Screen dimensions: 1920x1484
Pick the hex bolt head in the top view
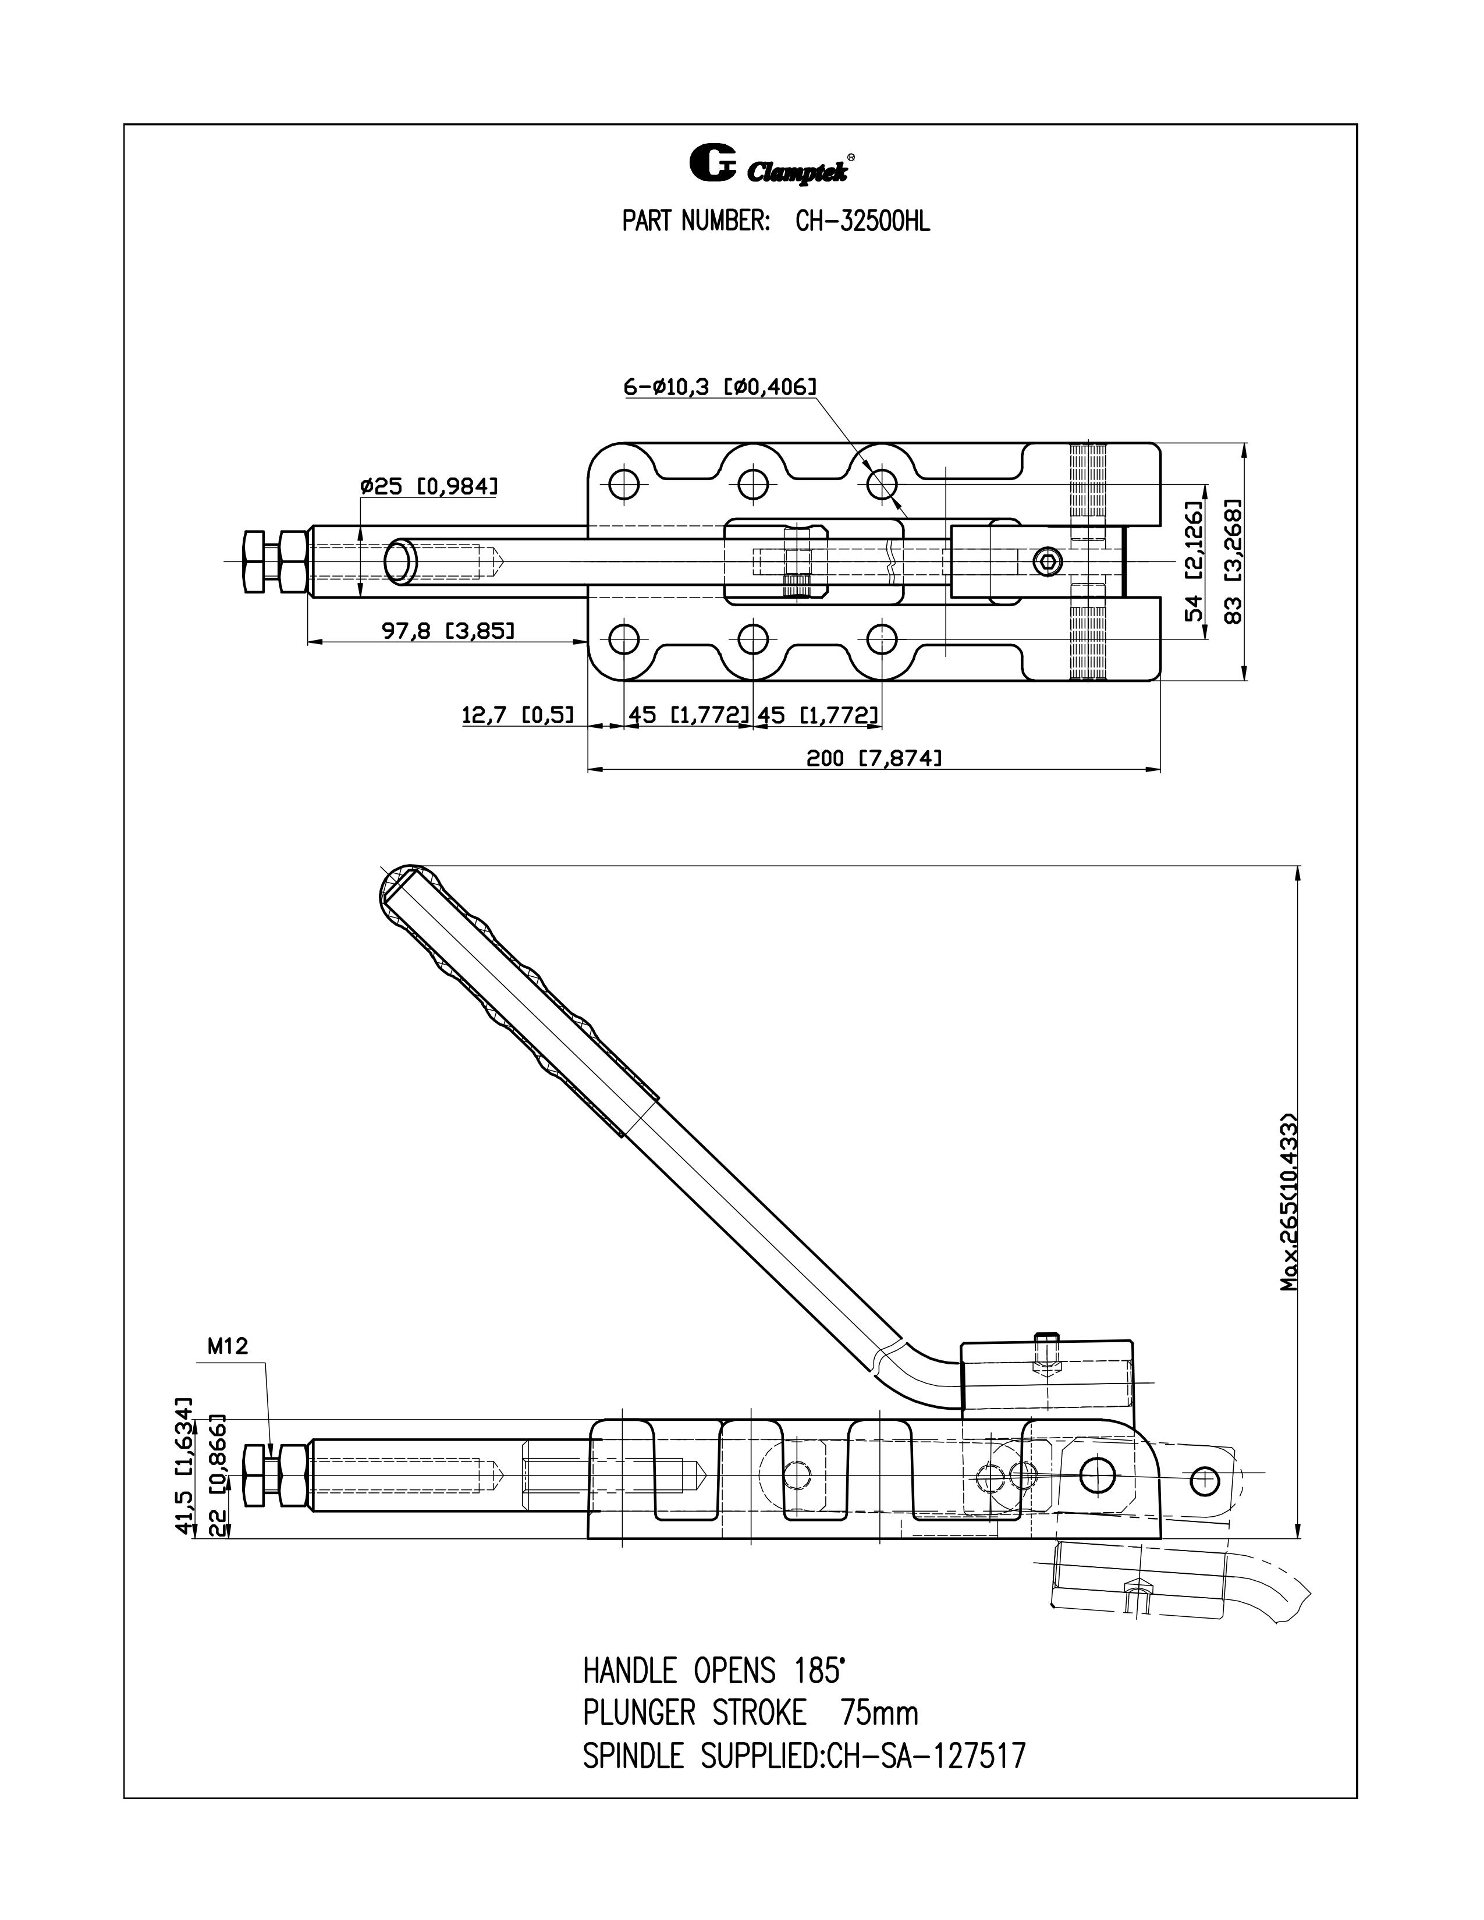point(253,562)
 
